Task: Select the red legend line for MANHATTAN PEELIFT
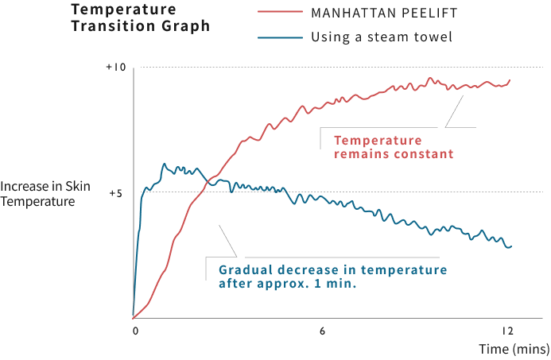(280, 13)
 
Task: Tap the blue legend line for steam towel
(280, 37)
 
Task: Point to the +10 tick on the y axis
(116, 68)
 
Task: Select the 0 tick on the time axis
(135, 330)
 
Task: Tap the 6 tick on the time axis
(323, 330)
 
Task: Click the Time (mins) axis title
(514, 349)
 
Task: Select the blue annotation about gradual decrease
(332, 276)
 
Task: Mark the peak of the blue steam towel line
(164, 164)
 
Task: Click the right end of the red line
(510, 79)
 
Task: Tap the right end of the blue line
(510, 246)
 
